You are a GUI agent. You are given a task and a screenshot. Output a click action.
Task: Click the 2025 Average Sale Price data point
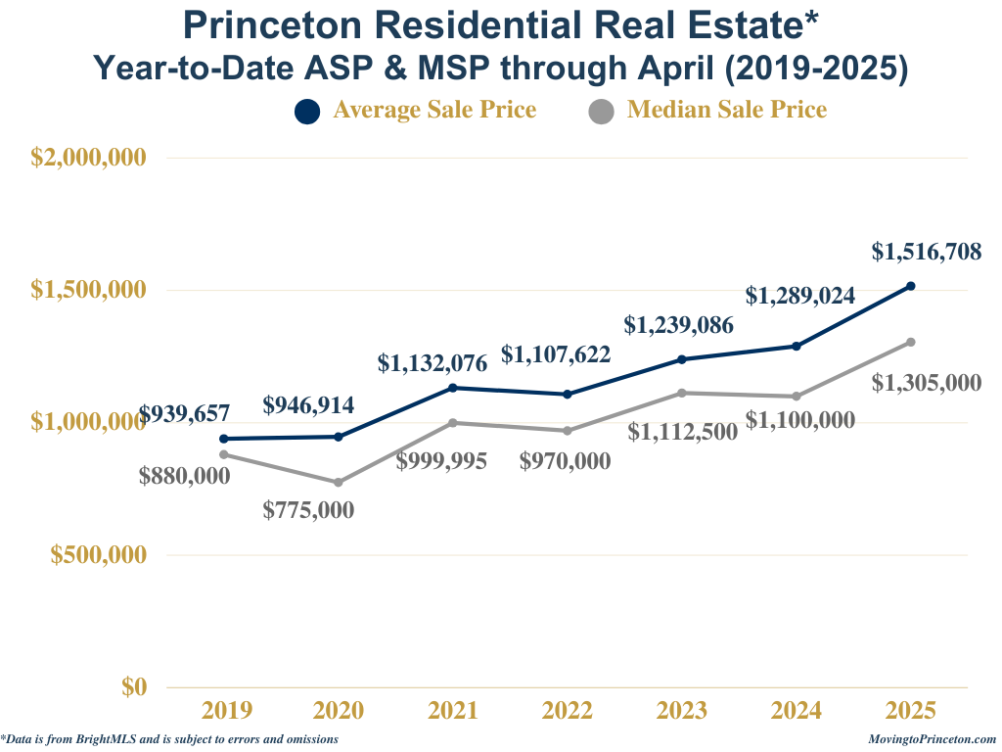click(x=910, y=286)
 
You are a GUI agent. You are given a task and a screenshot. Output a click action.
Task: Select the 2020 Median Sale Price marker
click(x=339, y=483)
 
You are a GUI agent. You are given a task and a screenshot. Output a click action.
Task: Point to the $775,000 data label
click(x=309, y=510)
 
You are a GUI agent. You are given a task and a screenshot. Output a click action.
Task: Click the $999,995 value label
click(x=441, y=461)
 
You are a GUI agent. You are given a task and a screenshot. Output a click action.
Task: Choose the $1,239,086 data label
click(x=679, y=325)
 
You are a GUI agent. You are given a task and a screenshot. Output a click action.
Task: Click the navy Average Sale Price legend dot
click(x=307, y=112)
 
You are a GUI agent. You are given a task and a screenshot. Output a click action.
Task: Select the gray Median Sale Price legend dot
click(x=601, y=112)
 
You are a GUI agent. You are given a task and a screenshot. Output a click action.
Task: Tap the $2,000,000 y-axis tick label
click(x=89, y=158)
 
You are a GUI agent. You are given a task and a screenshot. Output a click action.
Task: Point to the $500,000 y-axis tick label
click(x=98, y=554)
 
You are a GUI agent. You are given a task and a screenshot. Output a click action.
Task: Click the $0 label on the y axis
click(x=134, y=686)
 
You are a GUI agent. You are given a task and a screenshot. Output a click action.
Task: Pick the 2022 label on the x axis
click(x=568, y=711)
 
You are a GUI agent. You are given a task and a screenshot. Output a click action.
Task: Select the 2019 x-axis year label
click(x=226, y=711)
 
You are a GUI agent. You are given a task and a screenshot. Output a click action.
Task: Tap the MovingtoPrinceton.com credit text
click(x=932, y=739)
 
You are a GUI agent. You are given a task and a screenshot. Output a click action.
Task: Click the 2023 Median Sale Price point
click(x=682, y=393)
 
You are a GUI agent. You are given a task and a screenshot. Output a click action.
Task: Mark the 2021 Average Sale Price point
click(x=453, y=388)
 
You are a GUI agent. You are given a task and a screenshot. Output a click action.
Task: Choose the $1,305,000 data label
click(x=927, y=382)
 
